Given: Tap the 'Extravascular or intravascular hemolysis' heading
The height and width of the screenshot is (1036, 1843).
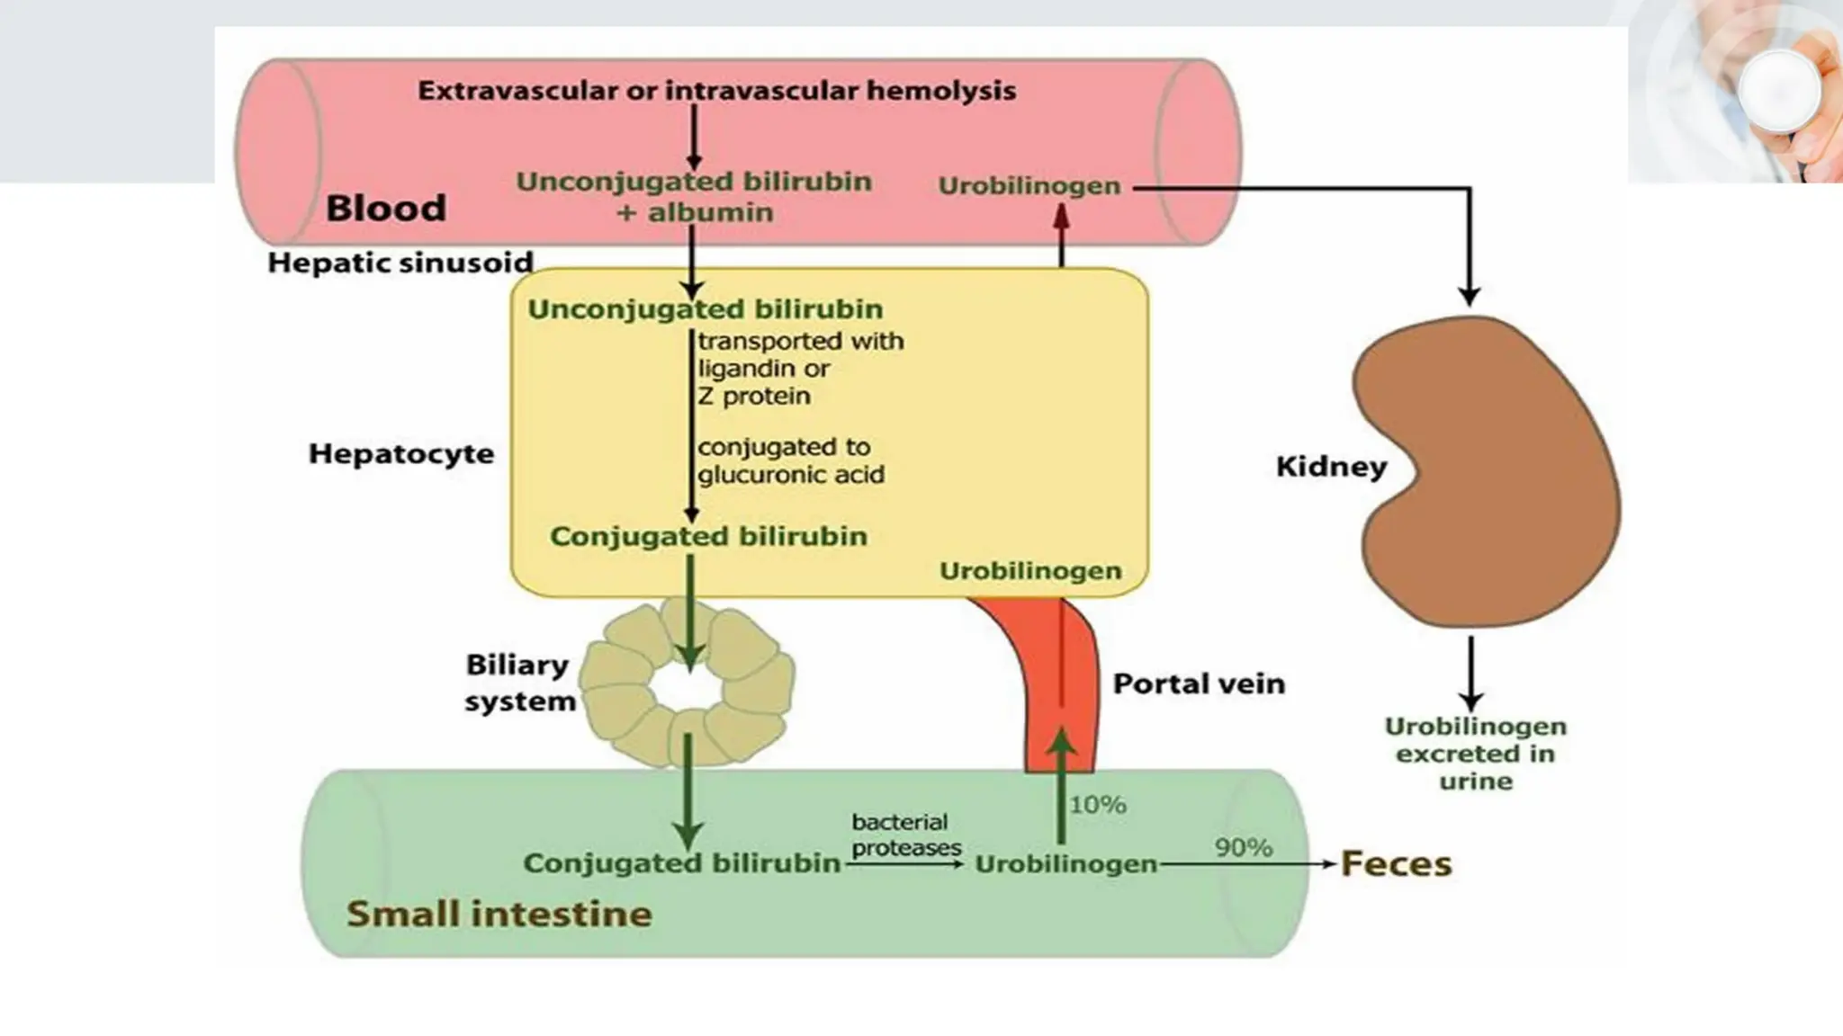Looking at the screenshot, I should (716, 91).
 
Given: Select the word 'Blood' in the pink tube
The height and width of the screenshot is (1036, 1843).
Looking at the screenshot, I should (385, 208).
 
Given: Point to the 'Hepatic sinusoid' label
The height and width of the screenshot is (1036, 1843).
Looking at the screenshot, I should (400, 263).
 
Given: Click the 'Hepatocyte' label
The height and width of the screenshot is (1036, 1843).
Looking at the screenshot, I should (401, 453).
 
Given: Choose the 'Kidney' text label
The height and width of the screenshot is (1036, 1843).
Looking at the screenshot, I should (1331, 467).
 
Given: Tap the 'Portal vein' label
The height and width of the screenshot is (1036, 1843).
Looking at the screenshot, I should (1199, 683).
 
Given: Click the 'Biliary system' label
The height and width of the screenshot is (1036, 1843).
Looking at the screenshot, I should (519, 683).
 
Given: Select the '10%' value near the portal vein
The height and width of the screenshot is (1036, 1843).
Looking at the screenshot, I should (1097, 805).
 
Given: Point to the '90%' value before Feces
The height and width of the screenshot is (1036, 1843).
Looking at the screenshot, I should (1243, 848).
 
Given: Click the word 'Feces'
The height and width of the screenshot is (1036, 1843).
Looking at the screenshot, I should (1396, 864).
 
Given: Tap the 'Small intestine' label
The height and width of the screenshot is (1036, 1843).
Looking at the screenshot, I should (499, 914).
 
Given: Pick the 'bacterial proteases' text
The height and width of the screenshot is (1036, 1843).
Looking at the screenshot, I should (905, 835).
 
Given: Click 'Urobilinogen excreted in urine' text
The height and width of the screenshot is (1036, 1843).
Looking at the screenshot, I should (1474, 754).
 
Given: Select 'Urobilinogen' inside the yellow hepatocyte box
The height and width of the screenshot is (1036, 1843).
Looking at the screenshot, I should (1029, 571).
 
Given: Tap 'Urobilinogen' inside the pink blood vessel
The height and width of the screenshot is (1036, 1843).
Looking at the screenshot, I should (1029, 186).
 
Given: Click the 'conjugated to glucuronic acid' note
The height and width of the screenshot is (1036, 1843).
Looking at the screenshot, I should (789, 460).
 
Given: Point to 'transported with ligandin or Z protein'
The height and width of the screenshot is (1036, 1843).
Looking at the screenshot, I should (799, 369).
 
